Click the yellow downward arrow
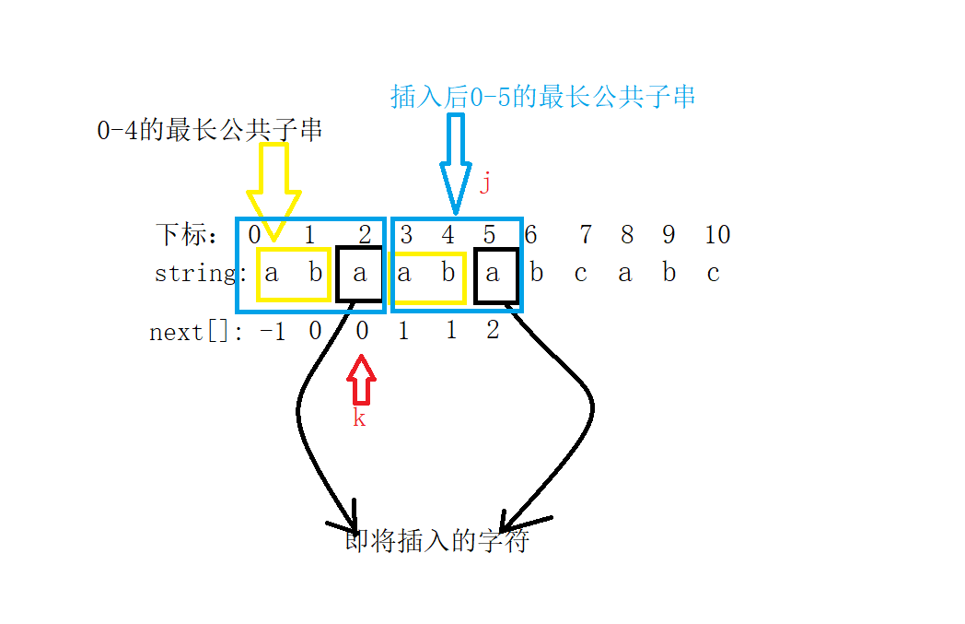(274, 189)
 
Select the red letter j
(485, 182)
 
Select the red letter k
(360, 418)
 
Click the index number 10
(717, 235)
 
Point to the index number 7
(585, 235)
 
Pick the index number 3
(406, 235)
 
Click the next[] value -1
(273, 331)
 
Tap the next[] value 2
(493, 331)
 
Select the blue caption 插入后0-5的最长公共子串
(542, 97)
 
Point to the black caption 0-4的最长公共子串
(210, 131)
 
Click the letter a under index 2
(360, 274)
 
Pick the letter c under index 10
(713, 274)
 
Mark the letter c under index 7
(580, 274)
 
